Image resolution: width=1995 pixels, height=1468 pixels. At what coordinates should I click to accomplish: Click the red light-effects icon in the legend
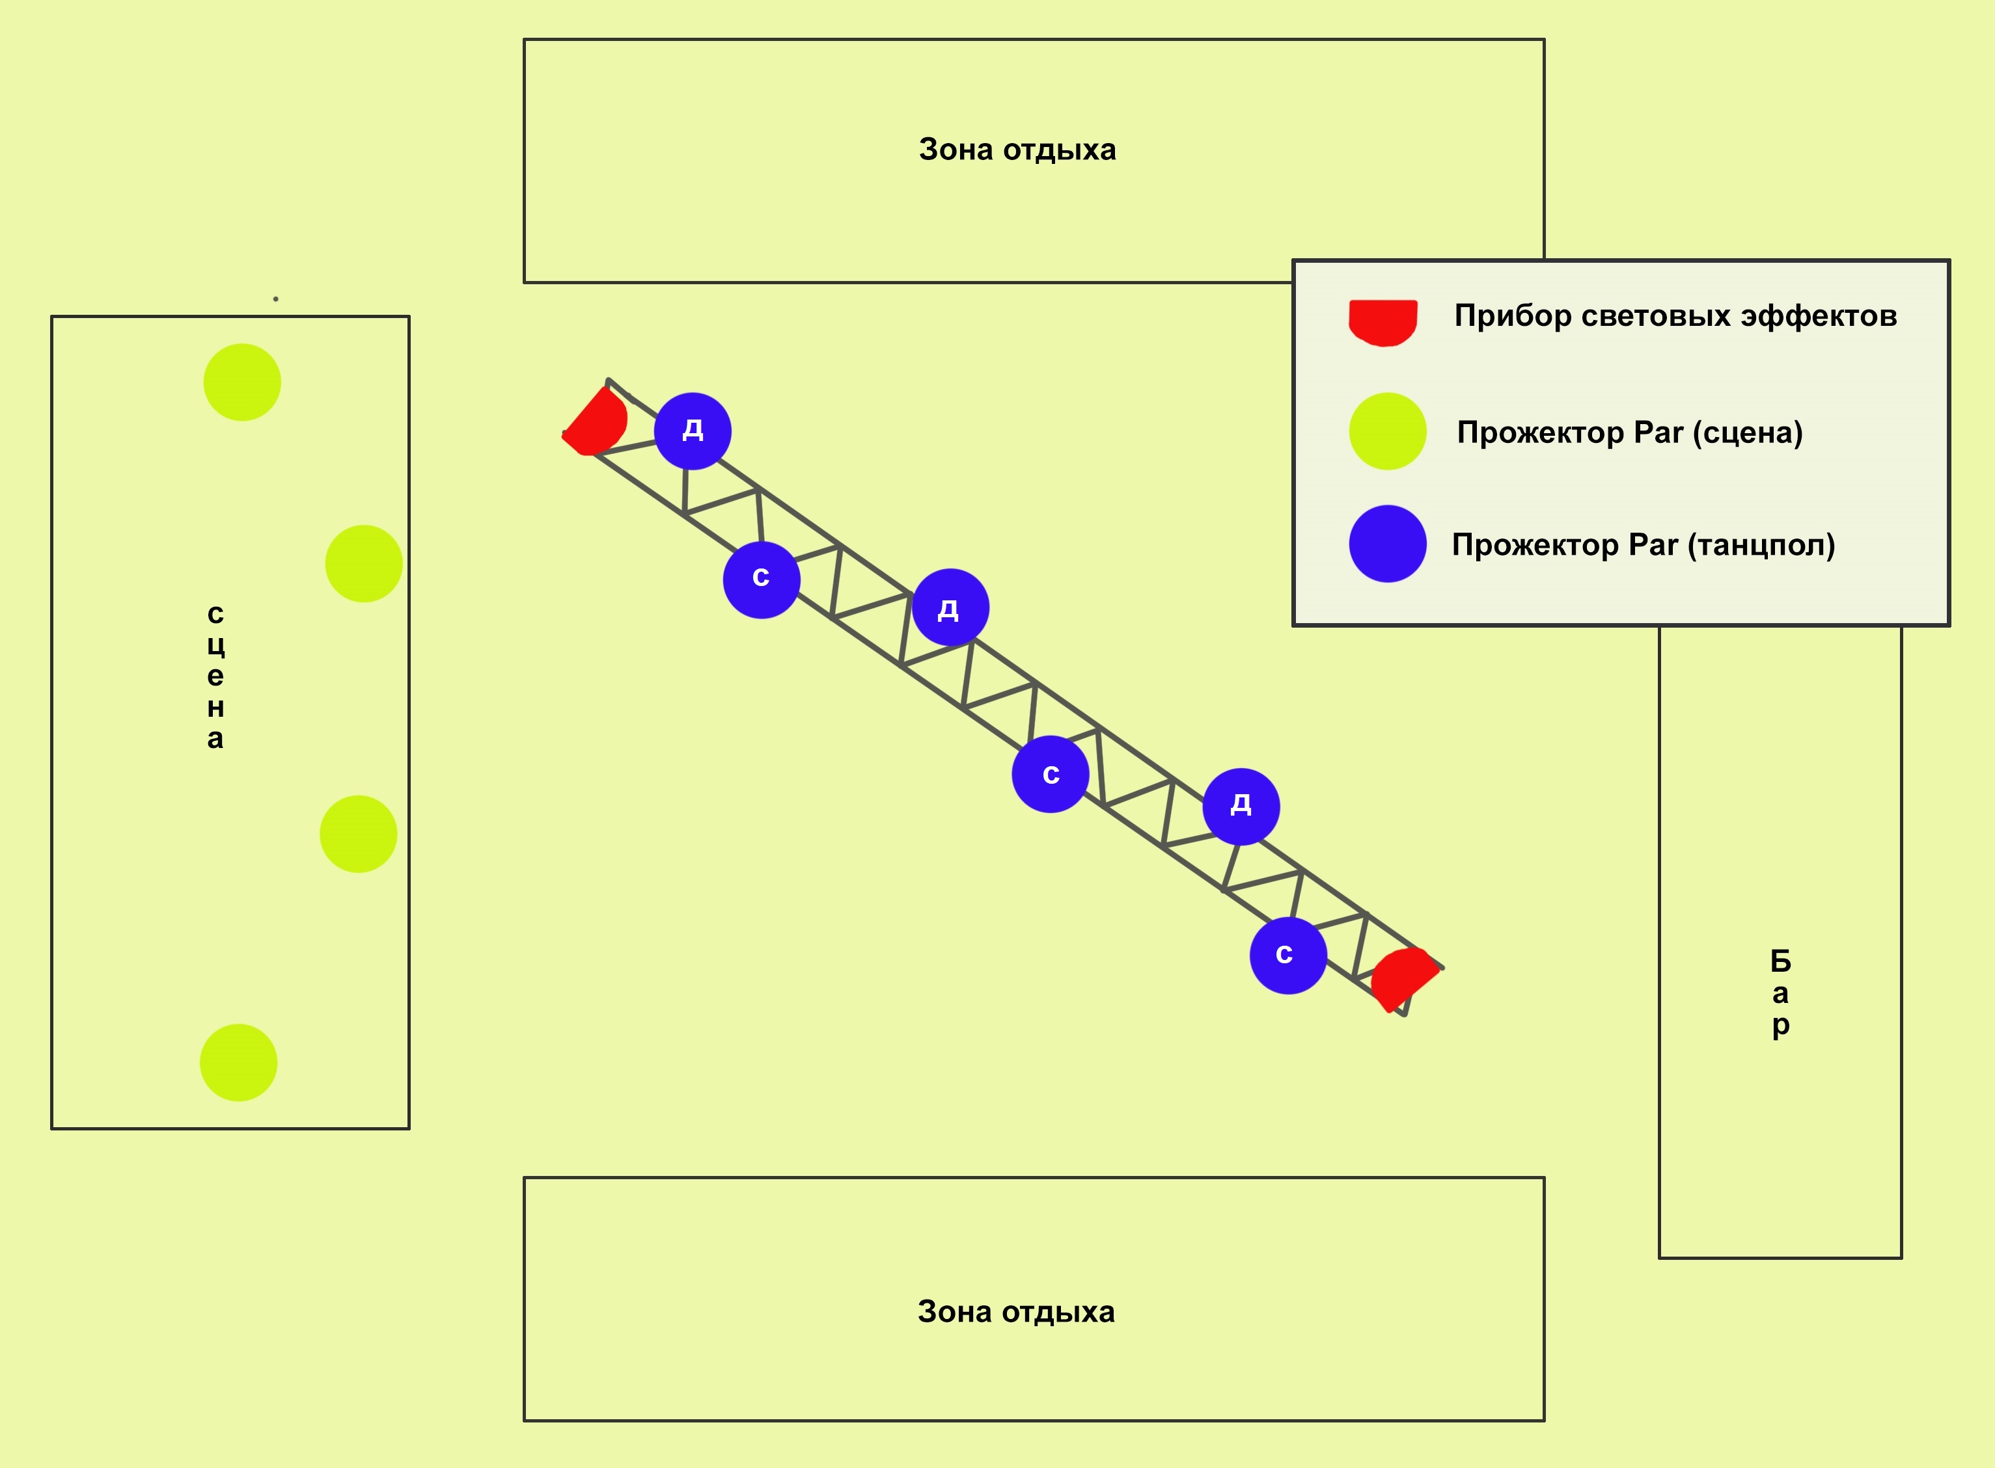point(1383,322)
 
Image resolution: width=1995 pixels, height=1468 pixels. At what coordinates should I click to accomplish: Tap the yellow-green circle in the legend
point(1387,431)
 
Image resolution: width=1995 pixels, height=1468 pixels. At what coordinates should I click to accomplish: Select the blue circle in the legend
point(1387,544)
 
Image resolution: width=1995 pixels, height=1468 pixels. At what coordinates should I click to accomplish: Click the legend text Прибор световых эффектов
point(1675,315)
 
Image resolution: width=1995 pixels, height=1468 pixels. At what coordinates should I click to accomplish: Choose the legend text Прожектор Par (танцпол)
point(1643,544)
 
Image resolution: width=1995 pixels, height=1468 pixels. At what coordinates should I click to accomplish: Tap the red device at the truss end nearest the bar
point(1402,978)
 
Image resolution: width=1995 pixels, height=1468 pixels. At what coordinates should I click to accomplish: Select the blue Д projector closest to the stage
point(693,431)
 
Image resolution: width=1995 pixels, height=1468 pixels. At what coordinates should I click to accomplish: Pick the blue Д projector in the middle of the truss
point(950,607)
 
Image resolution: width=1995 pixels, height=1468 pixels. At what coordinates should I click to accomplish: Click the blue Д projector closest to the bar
point(1241,806)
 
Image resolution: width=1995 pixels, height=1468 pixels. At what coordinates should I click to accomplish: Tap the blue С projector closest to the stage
point(761,580)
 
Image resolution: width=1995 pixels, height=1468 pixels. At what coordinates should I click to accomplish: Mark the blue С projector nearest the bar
point(1288,956)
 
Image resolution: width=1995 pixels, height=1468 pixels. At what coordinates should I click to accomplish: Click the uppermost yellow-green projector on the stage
point(242,382)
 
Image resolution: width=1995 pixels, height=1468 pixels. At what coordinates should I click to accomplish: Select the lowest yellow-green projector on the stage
point(238,1063)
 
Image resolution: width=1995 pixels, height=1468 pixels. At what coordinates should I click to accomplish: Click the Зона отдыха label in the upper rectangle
point(1017,150)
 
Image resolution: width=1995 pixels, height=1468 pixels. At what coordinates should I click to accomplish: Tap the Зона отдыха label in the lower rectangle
point(1015,1312)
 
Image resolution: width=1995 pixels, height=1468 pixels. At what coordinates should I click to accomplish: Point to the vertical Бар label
point(1780,993)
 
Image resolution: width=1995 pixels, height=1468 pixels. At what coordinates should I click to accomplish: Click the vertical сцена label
point(215,675)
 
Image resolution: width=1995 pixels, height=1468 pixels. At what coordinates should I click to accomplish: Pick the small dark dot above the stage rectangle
point(275,299)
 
